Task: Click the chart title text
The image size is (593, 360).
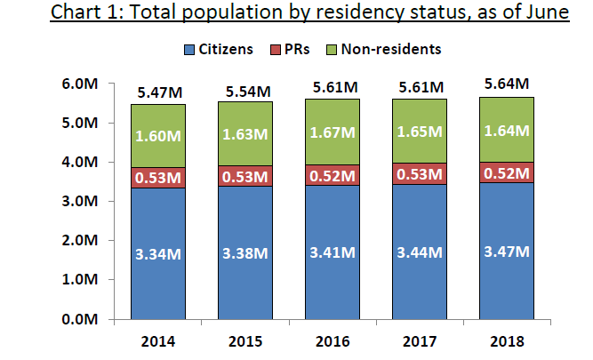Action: tap(309, 15)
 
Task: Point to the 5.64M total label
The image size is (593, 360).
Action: tap(508, 85)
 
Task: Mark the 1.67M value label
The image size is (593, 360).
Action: tap(333, 132)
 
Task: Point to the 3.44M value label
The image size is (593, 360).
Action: tap(420, 253)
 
